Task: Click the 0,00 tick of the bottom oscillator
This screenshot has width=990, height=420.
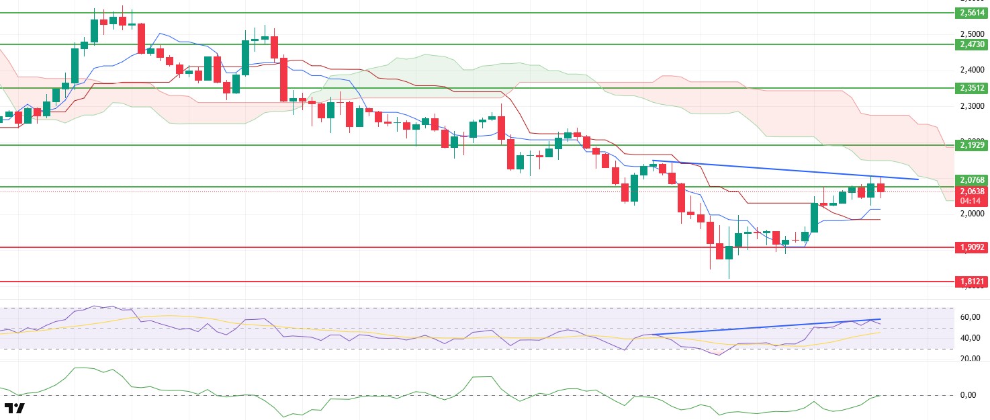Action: coord(968,395)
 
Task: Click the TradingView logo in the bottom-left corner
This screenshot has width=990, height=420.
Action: coord(15,408)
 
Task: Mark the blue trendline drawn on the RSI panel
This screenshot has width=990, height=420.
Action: coord(766,327)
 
